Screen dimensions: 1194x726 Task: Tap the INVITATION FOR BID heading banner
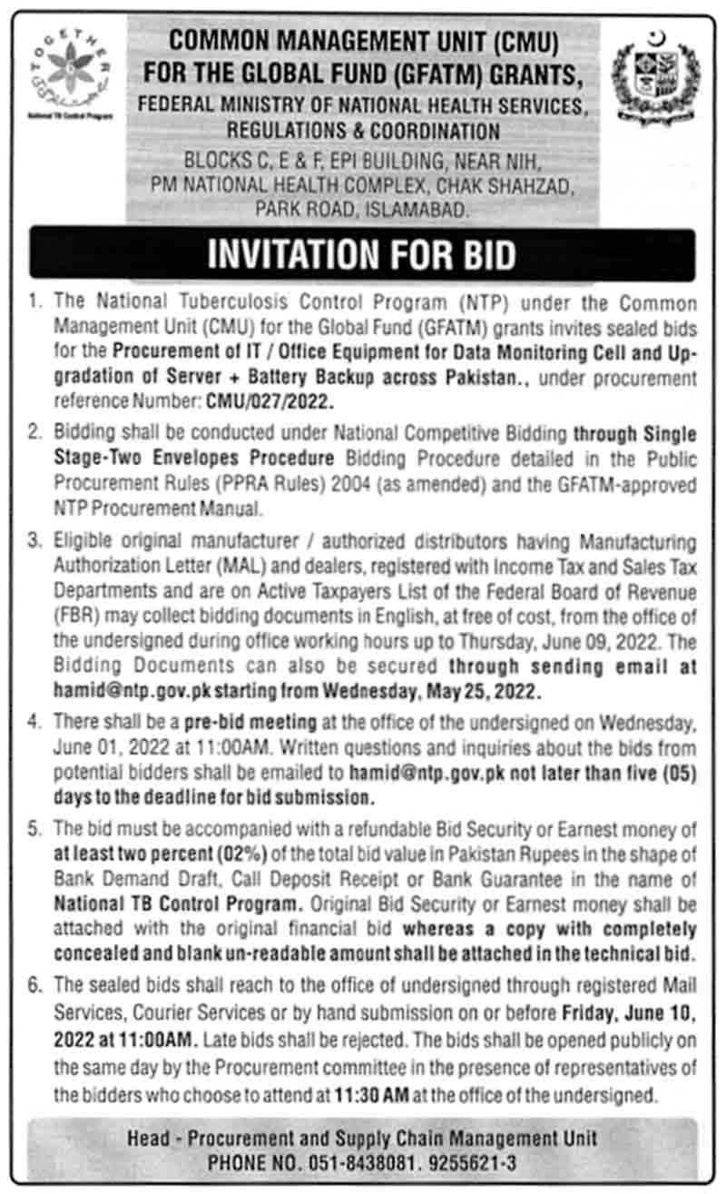click(362, 253)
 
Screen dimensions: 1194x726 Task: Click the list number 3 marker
click(36, 541)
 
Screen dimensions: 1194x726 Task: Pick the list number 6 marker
click(36, 983)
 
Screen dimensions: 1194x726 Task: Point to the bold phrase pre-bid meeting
click(260, 722)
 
